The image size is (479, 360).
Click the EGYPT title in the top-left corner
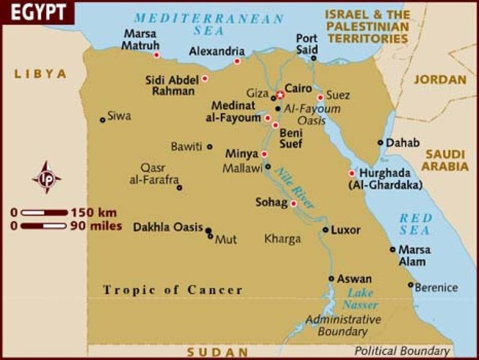coord(36,13)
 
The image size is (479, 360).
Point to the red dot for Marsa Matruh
coord(157,55)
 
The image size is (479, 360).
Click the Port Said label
coord(307,43)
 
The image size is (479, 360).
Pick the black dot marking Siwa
coord(103,119)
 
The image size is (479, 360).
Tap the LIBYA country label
coord(40,74)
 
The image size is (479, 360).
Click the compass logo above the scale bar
coord(46,178)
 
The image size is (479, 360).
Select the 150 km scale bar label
coord(97,212)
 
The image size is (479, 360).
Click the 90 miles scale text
coord(96,225)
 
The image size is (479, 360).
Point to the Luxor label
coord(346,230)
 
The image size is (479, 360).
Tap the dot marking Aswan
coord(331,278)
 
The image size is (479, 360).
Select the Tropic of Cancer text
coord(172,290)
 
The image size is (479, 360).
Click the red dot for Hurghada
coord(351,173)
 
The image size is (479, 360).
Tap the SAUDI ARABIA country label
coord(447,160)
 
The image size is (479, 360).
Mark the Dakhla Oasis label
coord(168,227)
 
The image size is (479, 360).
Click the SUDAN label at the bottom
coord(217,352)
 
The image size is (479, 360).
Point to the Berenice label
coord(437,287)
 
